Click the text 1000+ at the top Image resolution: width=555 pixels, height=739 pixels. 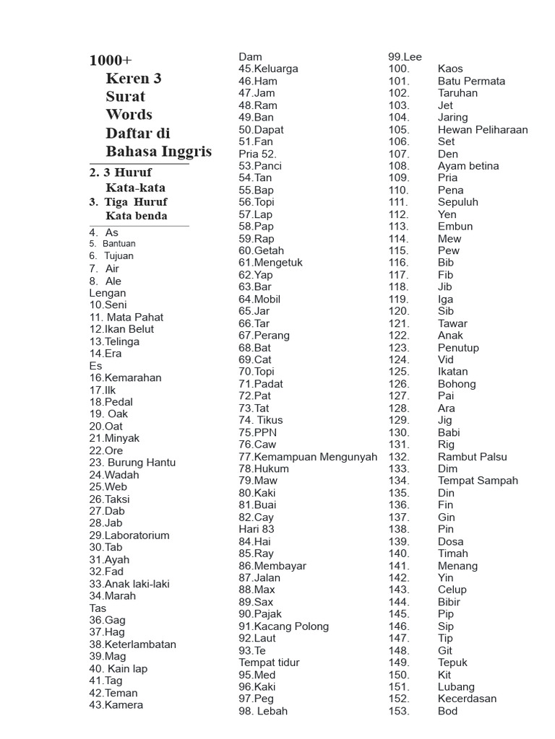111,60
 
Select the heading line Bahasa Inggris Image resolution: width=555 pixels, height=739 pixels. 158,152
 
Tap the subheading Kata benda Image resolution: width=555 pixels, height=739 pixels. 136,216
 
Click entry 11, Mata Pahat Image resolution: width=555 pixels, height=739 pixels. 126,317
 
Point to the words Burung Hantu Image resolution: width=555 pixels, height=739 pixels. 142,463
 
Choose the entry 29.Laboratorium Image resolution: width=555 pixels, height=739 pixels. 129,535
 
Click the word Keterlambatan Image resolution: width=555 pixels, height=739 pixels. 140,644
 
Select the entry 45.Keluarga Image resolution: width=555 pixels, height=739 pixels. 268,69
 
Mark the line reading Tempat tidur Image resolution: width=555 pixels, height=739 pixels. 269,663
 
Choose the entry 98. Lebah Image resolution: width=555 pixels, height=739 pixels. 263,711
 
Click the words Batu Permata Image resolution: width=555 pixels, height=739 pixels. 471,81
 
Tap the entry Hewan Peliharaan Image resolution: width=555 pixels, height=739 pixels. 483,130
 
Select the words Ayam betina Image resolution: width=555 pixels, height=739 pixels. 468,166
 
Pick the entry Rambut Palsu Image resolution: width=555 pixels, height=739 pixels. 472,457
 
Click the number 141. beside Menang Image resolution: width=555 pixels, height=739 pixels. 399,566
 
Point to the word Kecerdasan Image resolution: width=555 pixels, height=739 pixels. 467,699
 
